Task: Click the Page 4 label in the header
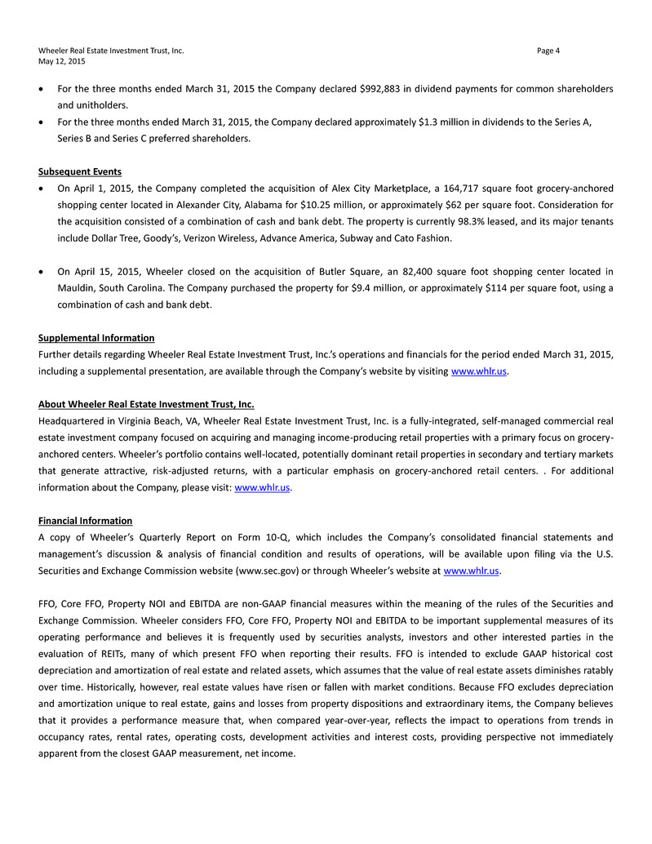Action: point(548,51)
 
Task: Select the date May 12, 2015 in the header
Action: point(61,61)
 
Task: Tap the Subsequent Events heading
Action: point(80,171)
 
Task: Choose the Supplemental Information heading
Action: point(96,337)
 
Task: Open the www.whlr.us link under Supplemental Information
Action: point(479,371)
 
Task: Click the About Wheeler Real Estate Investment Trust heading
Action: point(152,404)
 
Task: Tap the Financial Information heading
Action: point(85,520)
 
